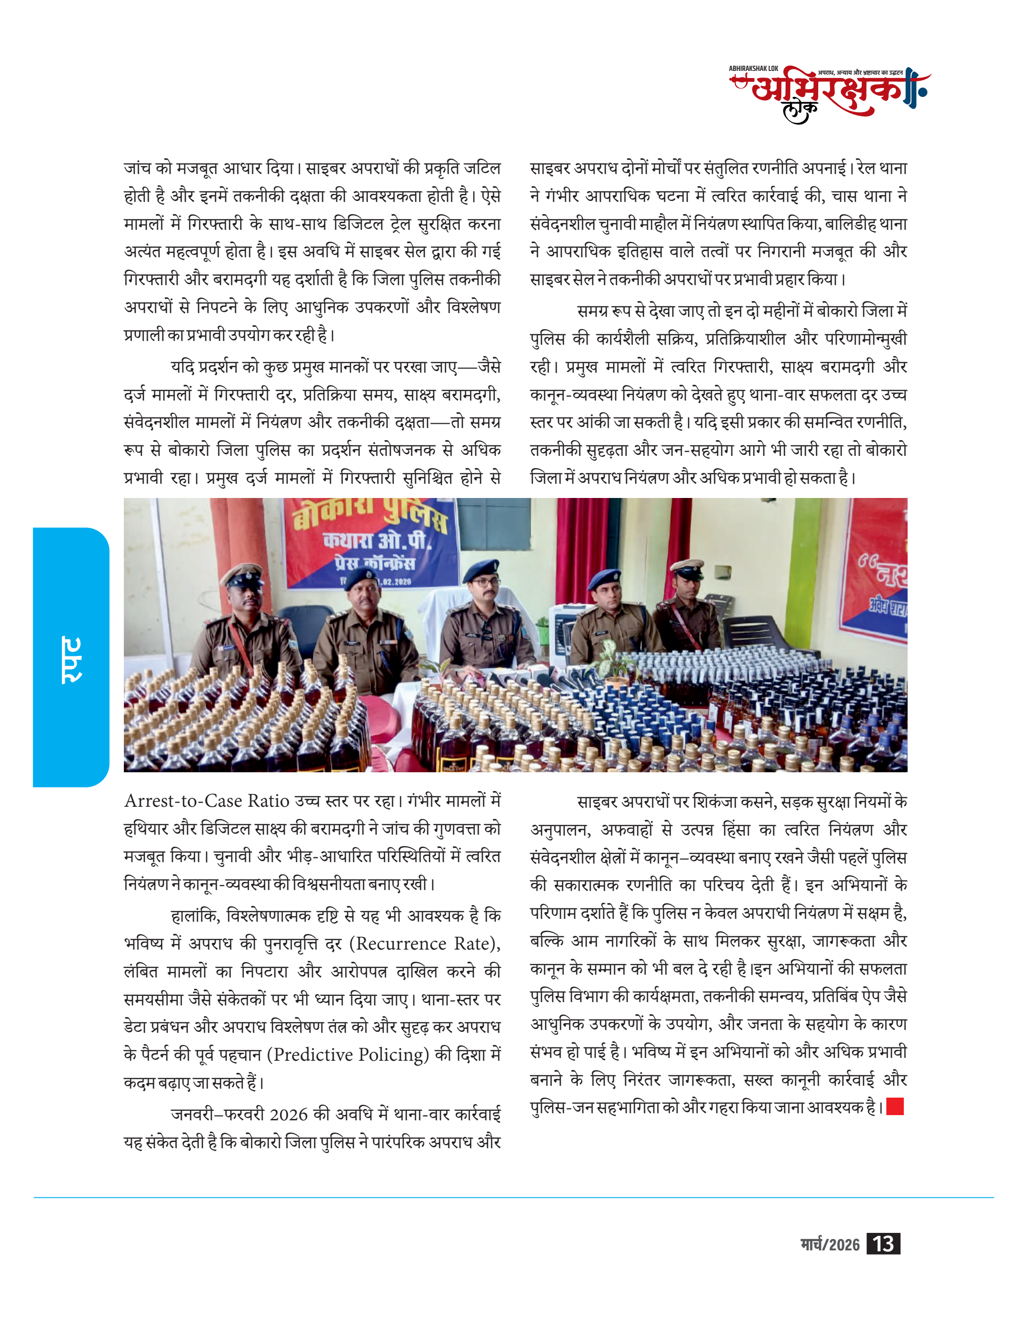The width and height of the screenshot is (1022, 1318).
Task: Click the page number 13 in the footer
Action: [883, 1244]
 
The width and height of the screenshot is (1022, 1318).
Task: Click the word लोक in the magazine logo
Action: [800, 111]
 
